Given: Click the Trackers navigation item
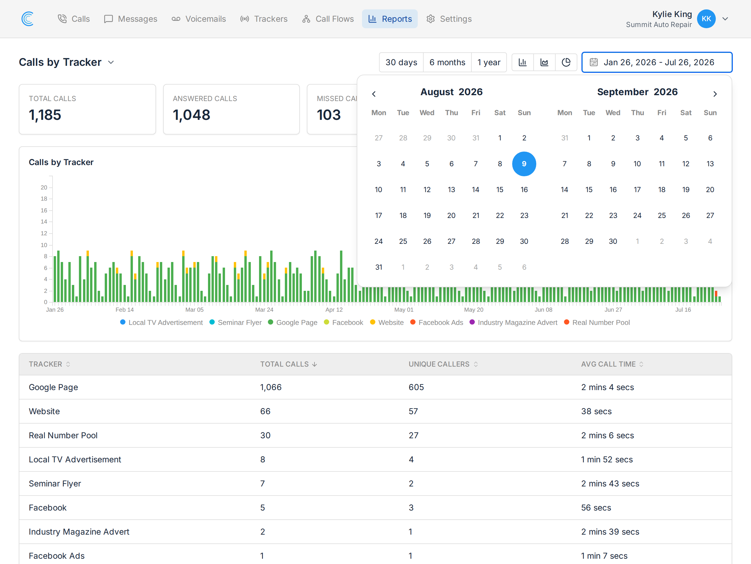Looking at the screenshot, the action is (x=263, y=19).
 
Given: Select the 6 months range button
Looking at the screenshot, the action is (x=447, y=62).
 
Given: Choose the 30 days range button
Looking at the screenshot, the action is (x=401, y=62).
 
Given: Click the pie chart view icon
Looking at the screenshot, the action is (x=566, y=62).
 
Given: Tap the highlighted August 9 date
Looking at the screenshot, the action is (x=524, y=164).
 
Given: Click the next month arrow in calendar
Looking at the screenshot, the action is (x=715, y=94).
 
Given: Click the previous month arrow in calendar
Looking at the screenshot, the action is (x=374, y=94).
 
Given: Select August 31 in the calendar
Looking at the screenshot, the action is (x=378, y=267).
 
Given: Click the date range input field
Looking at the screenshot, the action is (x=657, y=62).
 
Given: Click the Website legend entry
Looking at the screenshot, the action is (x=387, y=322).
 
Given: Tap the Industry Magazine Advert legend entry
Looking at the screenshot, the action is (x=514, y=322).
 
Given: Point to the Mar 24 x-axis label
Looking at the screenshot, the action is (x=264, y=310).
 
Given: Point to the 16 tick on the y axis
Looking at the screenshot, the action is (x=44, y=210).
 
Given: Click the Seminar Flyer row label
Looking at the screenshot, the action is (x=55, y=484).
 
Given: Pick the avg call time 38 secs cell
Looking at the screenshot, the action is (x=596, y=411).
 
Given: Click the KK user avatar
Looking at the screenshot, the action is (x=706, y=19).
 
